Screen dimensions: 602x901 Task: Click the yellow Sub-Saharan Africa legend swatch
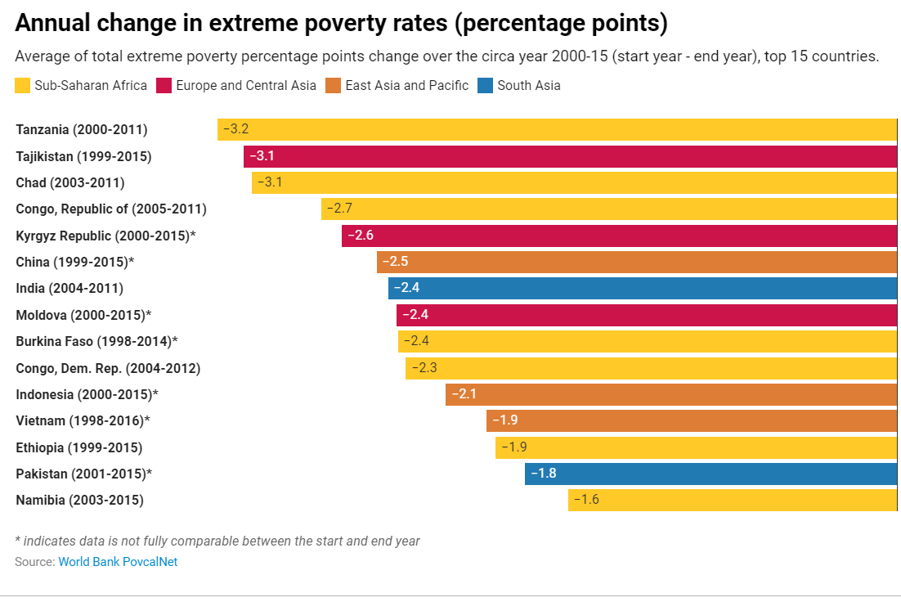tap(23, 85)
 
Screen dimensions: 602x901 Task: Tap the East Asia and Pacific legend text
tap(407, 85)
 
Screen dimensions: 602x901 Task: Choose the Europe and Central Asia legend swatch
tap(164, 85)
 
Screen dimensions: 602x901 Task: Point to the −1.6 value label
tap(586, 499)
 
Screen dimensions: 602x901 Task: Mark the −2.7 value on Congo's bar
tap(339, 209)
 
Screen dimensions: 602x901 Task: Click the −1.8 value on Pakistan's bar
tap(543, 473)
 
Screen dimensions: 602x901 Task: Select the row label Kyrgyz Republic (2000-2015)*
tap(105, 236)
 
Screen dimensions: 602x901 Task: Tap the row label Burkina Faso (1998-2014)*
tap(96, 341)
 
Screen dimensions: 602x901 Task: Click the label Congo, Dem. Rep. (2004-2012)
tap(108, 368)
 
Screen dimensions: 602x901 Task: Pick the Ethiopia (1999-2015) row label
tap(79, 447)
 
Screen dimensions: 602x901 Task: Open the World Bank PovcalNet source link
tap(118, 562)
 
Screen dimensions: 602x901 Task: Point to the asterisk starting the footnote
tap(18, 540)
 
